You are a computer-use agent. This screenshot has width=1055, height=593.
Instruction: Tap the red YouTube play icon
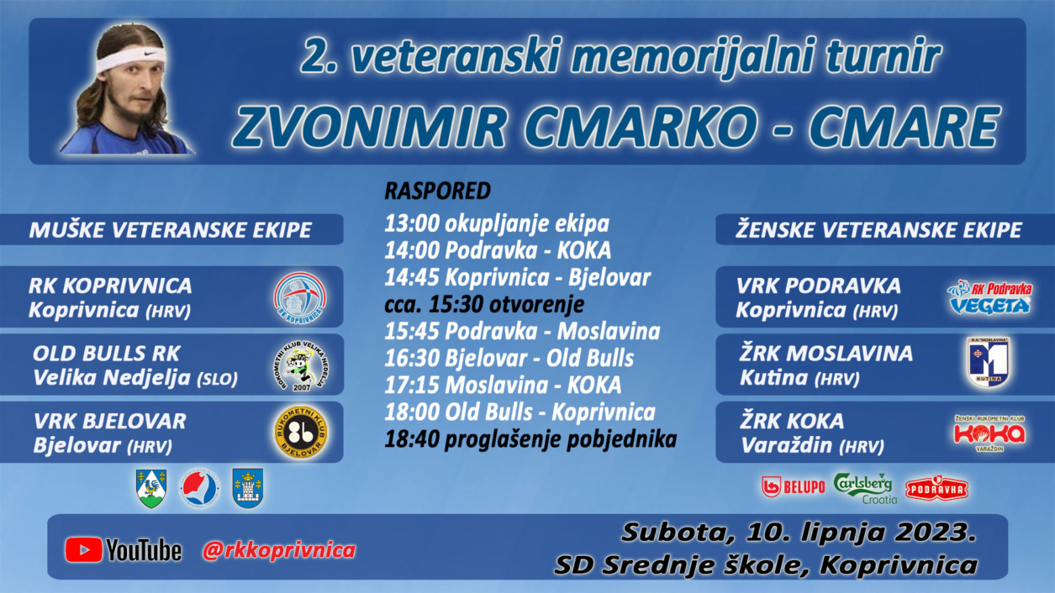[x=83, y=549]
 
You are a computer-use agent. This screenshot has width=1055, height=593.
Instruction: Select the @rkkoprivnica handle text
[x=279, y=549]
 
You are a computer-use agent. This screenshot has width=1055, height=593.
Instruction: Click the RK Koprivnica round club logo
[x=300, y=297]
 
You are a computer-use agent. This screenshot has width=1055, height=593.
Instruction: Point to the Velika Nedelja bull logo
[x=302, y=365]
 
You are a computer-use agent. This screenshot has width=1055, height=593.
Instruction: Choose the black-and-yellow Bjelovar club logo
[x=301, y=433]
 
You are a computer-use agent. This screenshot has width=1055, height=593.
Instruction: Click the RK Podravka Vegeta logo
[x=989, y=297]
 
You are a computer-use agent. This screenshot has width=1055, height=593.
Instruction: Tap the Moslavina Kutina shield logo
[x=989, y=362]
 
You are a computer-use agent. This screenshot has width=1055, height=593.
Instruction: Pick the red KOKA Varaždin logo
[x=989, y=433]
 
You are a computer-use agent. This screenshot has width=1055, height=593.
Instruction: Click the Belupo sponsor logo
[x=793, y=487]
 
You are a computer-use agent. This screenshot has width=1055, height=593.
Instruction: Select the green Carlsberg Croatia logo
[x=865, y=488]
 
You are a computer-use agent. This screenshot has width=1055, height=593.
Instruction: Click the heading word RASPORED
[x=437, y=191]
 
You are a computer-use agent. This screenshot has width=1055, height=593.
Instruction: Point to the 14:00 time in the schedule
[x=412, y=250]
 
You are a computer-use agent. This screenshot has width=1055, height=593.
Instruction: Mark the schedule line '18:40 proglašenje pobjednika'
[x=530, y=439]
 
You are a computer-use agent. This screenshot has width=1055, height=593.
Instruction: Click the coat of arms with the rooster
[x=151, y=488]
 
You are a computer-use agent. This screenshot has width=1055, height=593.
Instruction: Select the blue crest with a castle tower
[x=248, y=488]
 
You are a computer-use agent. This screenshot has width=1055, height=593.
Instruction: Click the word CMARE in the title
[x=904, y=127]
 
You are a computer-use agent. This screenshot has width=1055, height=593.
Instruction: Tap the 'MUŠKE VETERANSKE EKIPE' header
[x=170, y=230]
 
